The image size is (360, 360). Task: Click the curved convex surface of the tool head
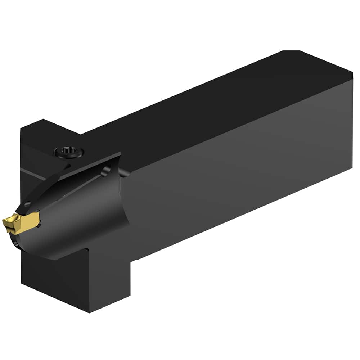[83, 216]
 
